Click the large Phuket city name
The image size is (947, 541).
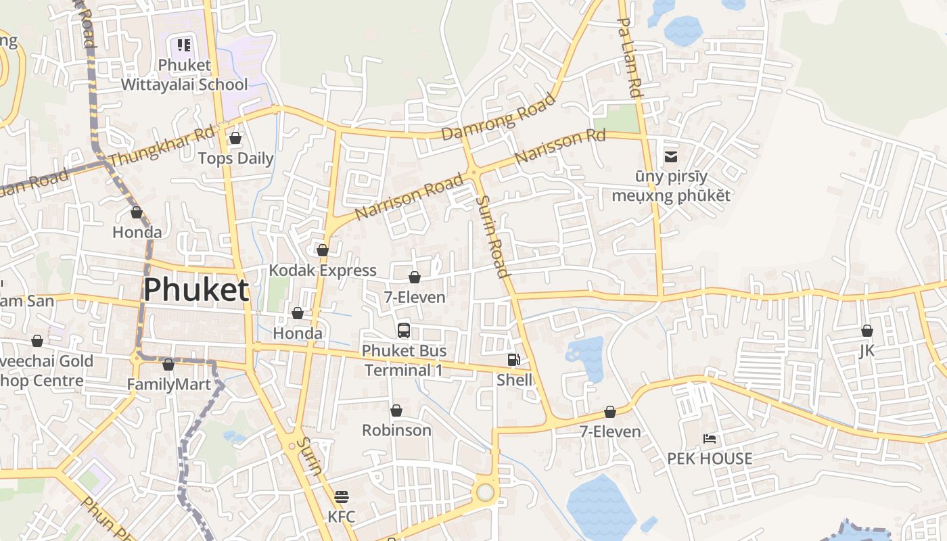[196, 289]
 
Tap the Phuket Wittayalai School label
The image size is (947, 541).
[185, 75]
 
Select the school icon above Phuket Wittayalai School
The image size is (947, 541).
[184, 45]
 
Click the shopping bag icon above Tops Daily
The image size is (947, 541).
[235, 138]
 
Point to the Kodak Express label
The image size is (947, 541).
[323, 270]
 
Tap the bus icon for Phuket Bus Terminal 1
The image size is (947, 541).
[404, 331]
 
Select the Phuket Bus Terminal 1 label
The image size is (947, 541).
[404, 360]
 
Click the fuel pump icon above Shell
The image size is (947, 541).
[514, 360]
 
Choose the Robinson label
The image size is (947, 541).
[396, 430]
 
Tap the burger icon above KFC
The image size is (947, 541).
[342, 497]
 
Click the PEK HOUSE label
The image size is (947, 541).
[710, 458]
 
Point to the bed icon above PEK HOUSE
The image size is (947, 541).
[710, 439]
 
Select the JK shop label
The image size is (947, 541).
[867, 351]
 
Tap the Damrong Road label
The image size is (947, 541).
[498, 117]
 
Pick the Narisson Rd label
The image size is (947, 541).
[559, 147]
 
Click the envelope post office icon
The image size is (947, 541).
[671, 157]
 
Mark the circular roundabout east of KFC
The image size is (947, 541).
[485, 492]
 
